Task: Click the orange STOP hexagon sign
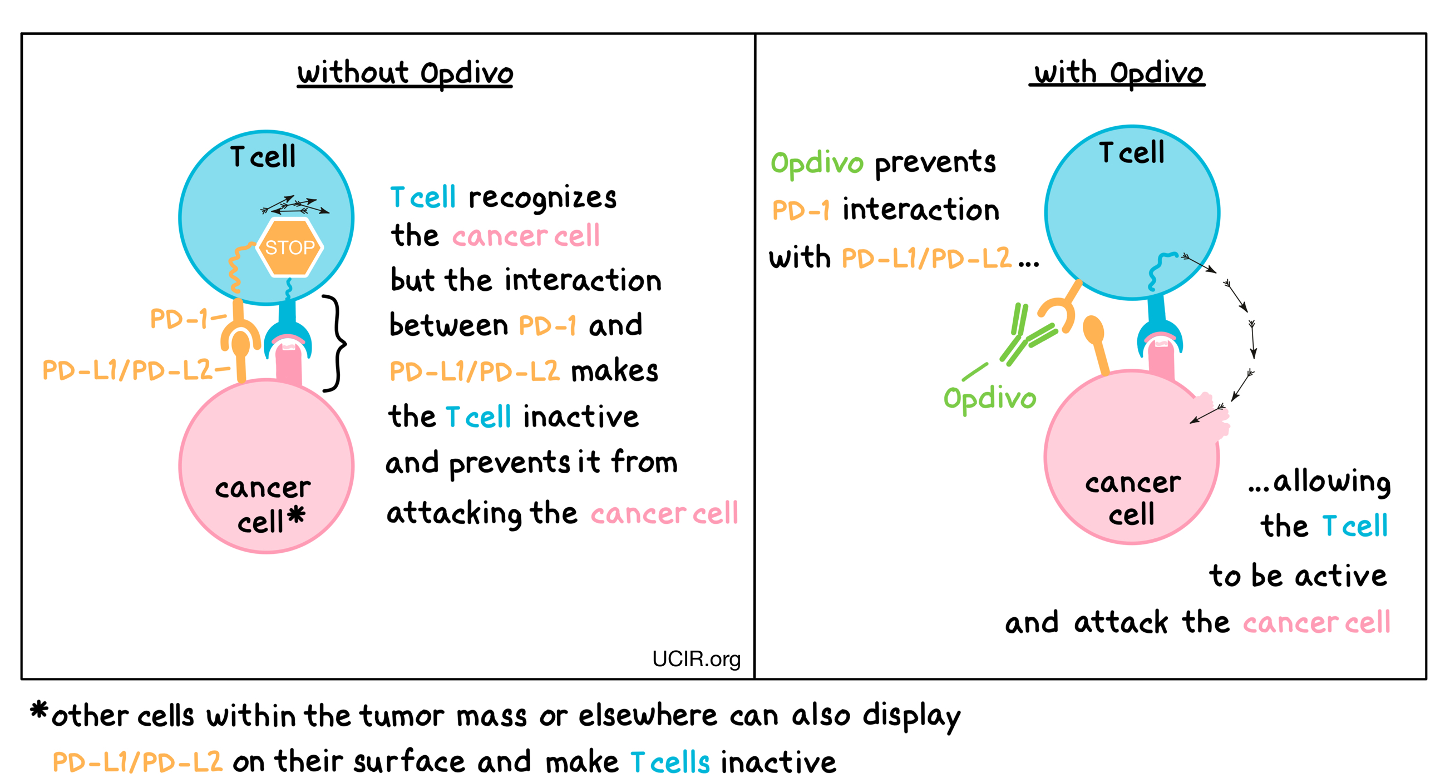tap(289, 247)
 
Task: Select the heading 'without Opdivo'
tap(405, 74)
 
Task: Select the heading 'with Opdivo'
tap(1118, 74)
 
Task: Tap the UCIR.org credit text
tap(696, 658)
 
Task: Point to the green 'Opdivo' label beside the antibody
tap(989, 398)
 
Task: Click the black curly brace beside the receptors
tap(336, 343)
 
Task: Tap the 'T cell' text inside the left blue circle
tap(263, 156)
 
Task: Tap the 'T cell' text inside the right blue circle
tap(1131, 152)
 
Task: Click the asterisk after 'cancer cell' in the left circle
tap(296, 515)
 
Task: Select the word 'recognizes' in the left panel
tap(542, 198)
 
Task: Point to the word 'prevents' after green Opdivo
tap(935, 163)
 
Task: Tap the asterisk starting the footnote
tap(39, 710)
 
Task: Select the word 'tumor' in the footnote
tap(401, 717)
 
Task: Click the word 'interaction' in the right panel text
tap(920, 210)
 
